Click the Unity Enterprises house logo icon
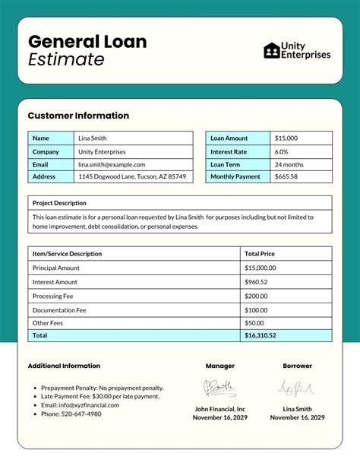tap(271, 50)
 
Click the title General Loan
tap(87, 41)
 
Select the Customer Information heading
tap(78, 116)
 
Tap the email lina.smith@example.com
tap(111, 164)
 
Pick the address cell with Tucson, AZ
tap(132, 176)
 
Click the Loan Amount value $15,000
tap(286, 138)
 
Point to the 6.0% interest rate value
tap(281, 151)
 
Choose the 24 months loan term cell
tap(289, 164)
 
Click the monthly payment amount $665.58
tap(286, 176)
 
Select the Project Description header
tap(59, 203)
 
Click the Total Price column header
tap(260, 253)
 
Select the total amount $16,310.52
tap(261, 335)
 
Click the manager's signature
tap(219, 388)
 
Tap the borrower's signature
tap(297, 388)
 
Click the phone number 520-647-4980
tap(71, 414)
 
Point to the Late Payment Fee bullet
tap(100, 396)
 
